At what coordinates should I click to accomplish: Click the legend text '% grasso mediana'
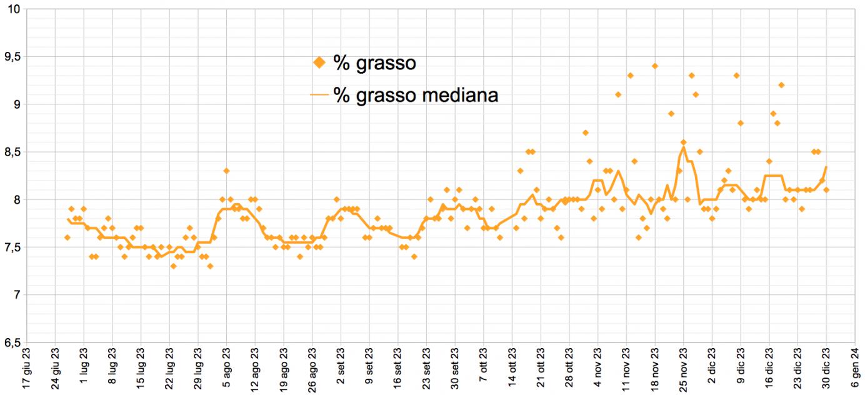(x=416, y=96)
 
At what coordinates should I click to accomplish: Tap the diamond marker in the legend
(x=319, y=62)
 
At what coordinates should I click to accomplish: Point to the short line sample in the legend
(x=319, y=96)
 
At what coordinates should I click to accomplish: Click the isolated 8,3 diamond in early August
(x=226, y=171)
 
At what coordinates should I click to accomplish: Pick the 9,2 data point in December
(x=781, y=85)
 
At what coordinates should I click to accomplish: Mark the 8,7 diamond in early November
(x=586, y=132)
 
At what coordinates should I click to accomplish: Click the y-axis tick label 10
(x=14, y=9)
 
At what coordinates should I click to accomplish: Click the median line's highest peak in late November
(x=684, y=147)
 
